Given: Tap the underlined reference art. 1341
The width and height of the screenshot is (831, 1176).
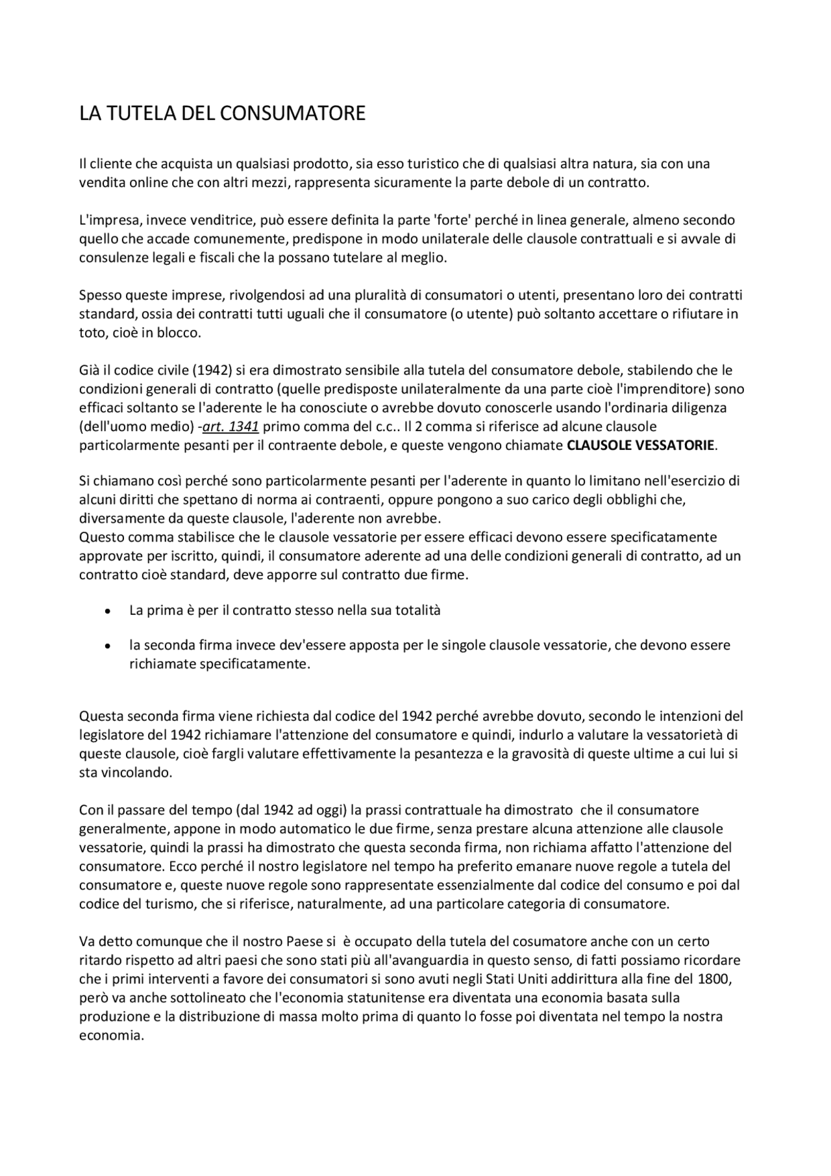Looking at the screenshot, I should (x=231, y=427).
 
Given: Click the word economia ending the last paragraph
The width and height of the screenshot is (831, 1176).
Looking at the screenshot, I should (x=110, y=1035).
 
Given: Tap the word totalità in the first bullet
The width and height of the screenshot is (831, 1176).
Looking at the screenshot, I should (x=416, y=610).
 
